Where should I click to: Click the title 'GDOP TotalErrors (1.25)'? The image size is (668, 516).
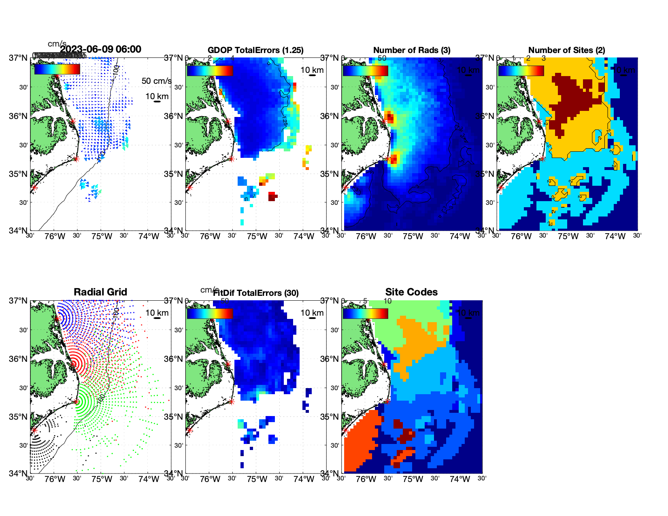click(x=255, y=50)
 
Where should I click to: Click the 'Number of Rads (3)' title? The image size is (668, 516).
click(x=411, y=50)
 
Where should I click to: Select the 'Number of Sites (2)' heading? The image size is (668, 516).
click(x=566, y=50)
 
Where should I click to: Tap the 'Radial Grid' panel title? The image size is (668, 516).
click(x=100, y=292)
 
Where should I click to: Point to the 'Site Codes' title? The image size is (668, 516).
click(x=411, y=292)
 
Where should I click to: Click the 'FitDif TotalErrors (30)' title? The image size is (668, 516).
click(x=256, y=293)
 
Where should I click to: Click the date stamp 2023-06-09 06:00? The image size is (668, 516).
click(x=101, y=49)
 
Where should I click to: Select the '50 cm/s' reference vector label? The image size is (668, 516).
click(x=156, y=81)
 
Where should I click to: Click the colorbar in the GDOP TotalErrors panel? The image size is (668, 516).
click(x=210, y=70)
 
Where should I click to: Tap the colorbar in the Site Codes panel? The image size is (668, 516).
click(x=365, y=313)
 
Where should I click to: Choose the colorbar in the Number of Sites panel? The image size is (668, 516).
click(x=521, y=70)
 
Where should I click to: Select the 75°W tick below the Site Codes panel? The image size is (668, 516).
click(x=413, y=479)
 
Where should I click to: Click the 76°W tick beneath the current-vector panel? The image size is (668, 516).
click(x=55, y=236)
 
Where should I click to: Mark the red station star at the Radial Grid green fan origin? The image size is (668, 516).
click(x=76, y=401)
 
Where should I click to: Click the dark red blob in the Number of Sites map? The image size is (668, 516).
click(x=575, y=101)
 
